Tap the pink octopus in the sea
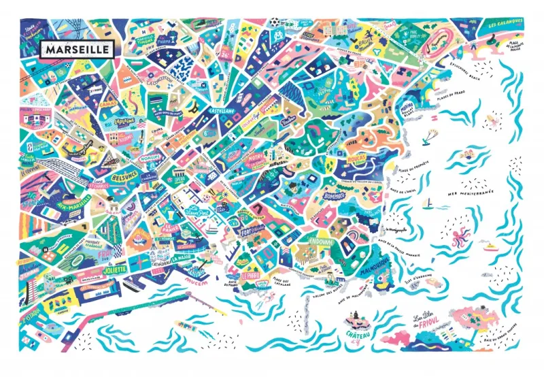[460, 237]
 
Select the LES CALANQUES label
[505, 22]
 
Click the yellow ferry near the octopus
[492, 247]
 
